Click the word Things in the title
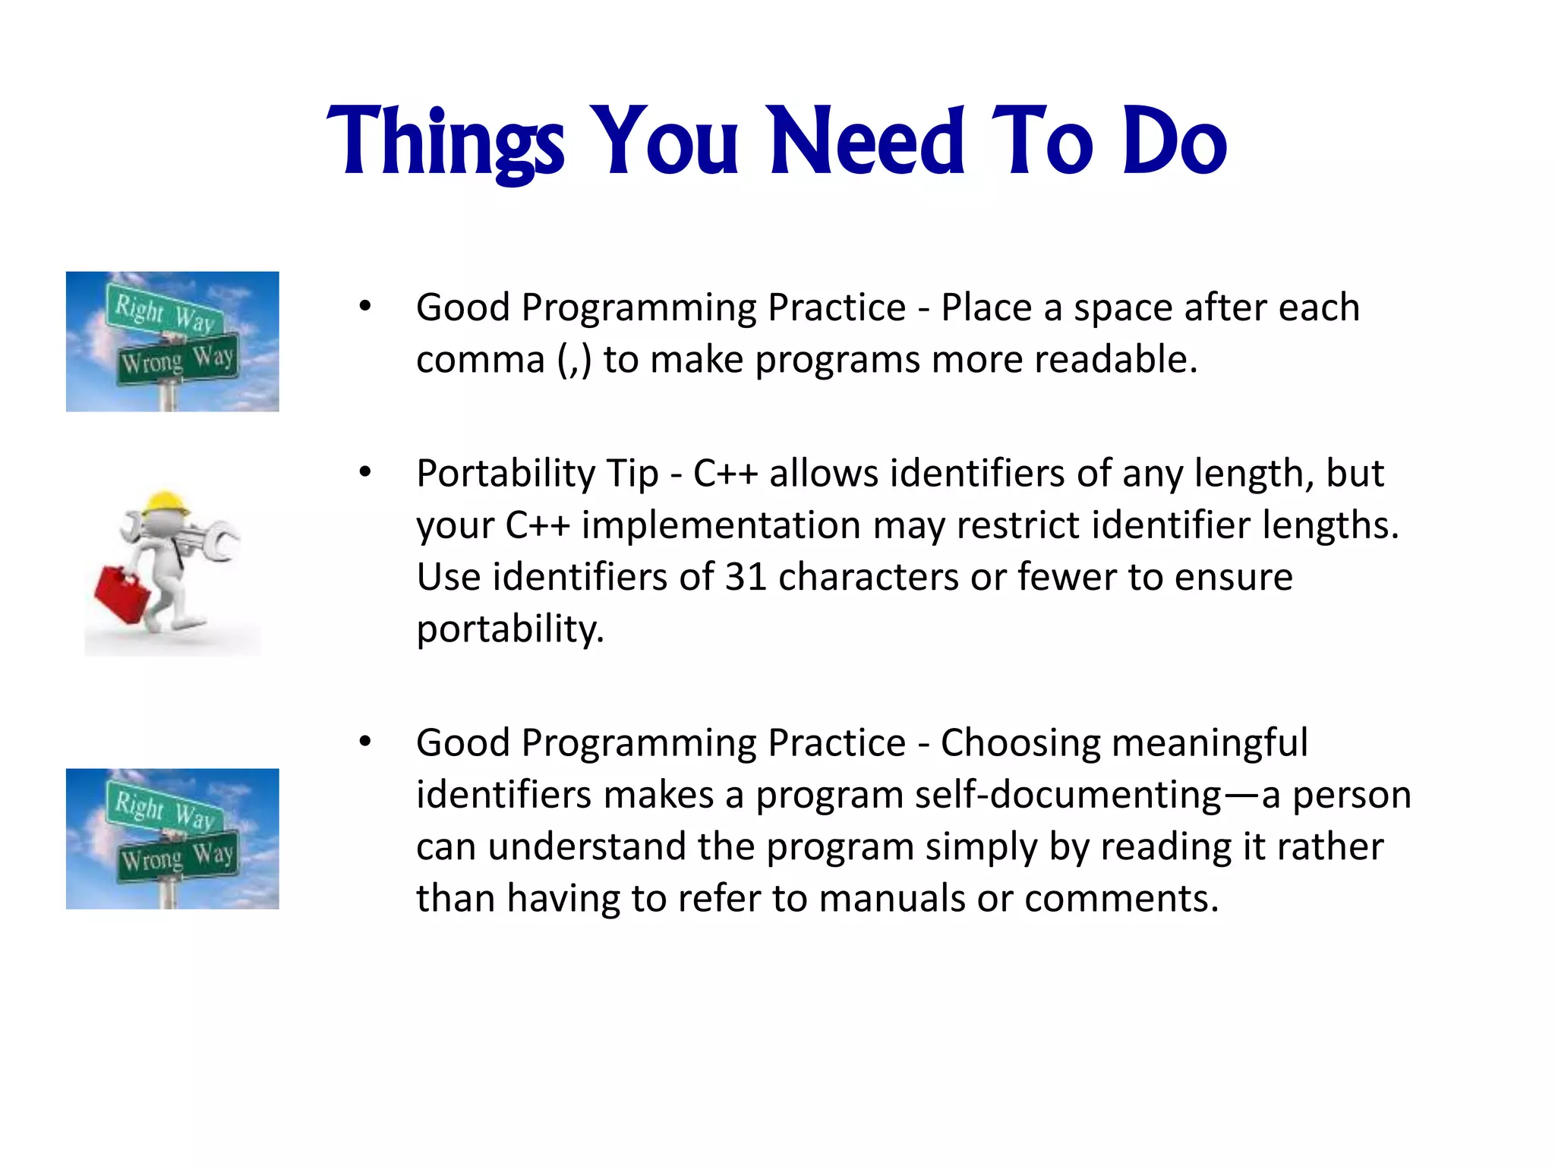(x=446, y=142)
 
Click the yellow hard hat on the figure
(x=166, y=503)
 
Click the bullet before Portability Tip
(x=365, y=473)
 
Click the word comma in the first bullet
(x=481, y=360)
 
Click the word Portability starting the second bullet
(x=505, y=474)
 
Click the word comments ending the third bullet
(x=1121, y=899)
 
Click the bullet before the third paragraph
(x=365, y=742)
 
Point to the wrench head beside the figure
(x=222, y=543)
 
